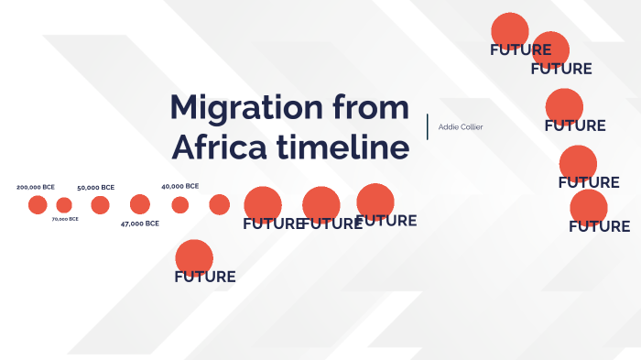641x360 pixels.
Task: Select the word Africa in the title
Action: [215, 147]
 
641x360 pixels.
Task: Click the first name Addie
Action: [450, 126]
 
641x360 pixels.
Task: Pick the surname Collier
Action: [472, 126]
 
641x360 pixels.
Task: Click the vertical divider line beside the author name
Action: [428, 126]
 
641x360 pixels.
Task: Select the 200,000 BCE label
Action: [36, 187]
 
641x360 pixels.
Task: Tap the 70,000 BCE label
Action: [65, 219]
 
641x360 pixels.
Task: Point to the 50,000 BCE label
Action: [95, 187]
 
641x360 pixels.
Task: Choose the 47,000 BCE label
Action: [140, 224]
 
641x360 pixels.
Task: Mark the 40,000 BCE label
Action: [179, 186]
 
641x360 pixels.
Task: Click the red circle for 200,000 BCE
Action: [38, 204]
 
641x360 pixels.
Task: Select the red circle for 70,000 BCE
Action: [64, 204]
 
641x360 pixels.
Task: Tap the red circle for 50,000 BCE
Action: [101, 204]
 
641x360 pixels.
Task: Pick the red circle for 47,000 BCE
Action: [140, 204]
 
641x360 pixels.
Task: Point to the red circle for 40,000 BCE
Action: [180, 204]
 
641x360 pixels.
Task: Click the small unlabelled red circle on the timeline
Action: [219, 204]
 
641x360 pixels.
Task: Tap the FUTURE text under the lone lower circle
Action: [205, 277]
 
